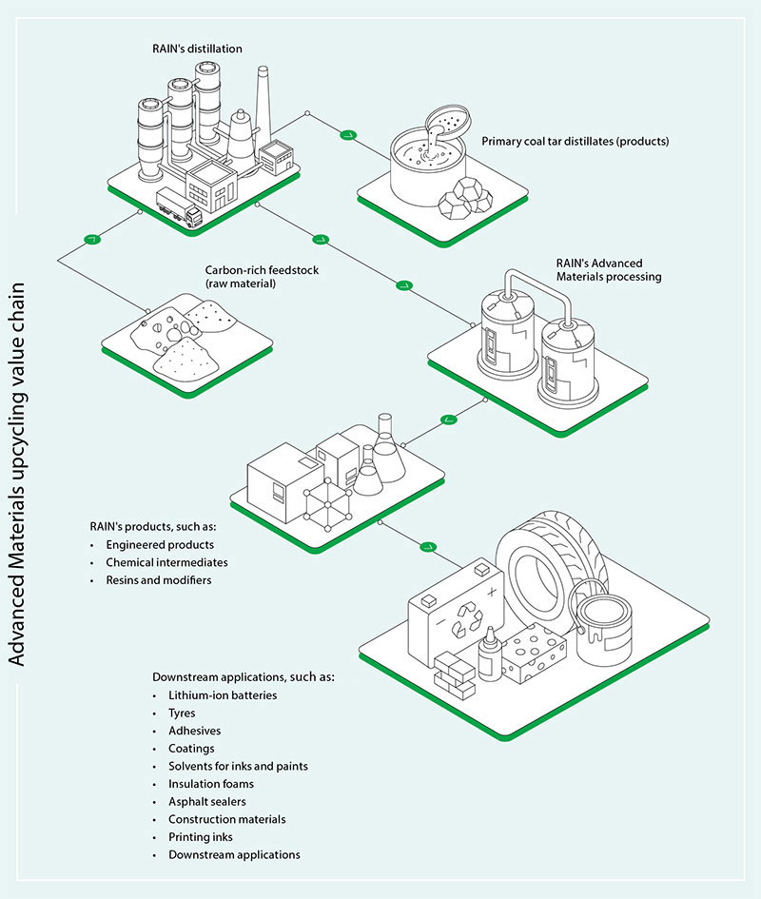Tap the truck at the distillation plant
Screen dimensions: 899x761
180,208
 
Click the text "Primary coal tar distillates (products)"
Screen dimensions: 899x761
576,142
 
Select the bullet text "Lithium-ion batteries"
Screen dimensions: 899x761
223,695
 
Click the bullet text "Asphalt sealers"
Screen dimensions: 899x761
208,802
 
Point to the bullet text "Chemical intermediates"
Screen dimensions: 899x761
166,562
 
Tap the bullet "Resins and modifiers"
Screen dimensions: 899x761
159,579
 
